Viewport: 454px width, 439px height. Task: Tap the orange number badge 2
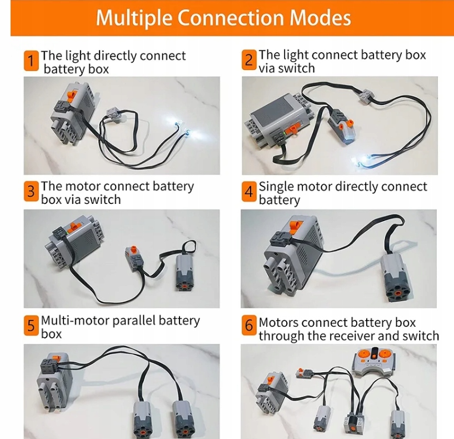point(249,59)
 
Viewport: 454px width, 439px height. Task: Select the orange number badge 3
point(31,192)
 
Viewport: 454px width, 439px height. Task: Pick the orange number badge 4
point(249,192)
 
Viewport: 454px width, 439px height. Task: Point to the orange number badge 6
point(249,326)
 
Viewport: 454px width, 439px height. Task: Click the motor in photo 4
point(397,272)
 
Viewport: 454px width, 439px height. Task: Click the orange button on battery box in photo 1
point(71,97)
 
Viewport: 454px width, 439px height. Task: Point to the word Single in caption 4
point(277,187)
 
